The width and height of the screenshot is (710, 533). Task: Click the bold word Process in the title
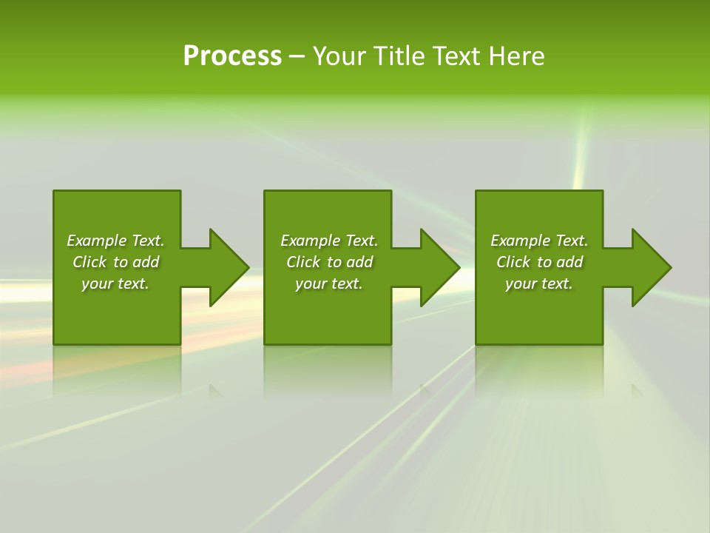click(x=232, y=56)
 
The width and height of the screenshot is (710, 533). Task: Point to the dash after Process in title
click(x=297, y=57)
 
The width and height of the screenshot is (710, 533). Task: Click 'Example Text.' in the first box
click(x=115, y=241)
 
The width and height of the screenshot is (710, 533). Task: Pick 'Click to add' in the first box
click(x=115, y=262)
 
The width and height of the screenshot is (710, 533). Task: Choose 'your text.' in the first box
click(x=115, y=284)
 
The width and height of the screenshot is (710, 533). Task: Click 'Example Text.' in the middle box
click(x=329, y=241)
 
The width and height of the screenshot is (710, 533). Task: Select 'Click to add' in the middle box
click(x=329, y=262)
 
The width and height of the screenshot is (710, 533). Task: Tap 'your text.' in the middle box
click(x=329, y=284)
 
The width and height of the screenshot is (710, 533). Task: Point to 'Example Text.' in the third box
click(x=539, y=241)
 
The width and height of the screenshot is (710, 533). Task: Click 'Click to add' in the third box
click(x=539, y=262)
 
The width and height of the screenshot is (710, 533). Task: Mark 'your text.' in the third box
click(x=539, y=284)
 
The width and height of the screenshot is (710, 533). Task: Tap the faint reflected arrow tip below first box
click(x=215, y=390)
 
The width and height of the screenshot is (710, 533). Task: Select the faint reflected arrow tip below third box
click(x=637, y=390)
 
